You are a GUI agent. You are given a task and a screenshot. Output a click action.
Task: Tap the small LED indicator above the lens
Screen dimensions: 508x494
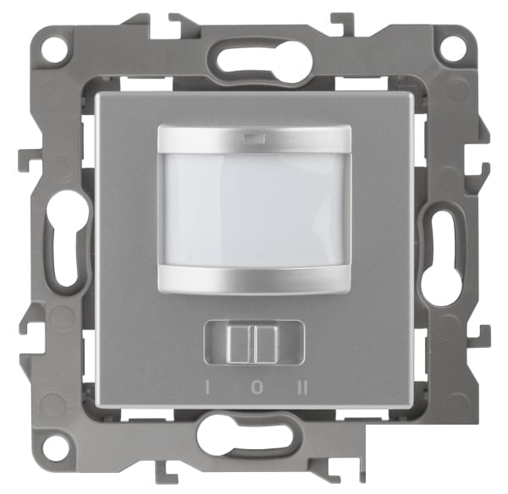click(x=255, y=140)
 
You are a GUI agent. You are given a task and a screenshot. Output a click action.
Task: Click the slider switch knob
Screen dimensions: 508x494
click(x=252, y=343)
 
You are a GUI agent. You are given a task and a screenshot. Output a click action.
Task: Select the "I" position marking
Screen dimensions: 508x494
click(x=207, y=388)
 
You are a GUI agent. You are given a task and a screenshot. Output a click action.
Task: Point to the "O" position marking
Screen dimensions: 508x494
click(x=257, y=388)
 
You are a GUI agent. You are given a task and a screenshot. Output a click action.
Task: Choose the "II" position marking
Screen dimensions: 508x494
click(x=302, y=388)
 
